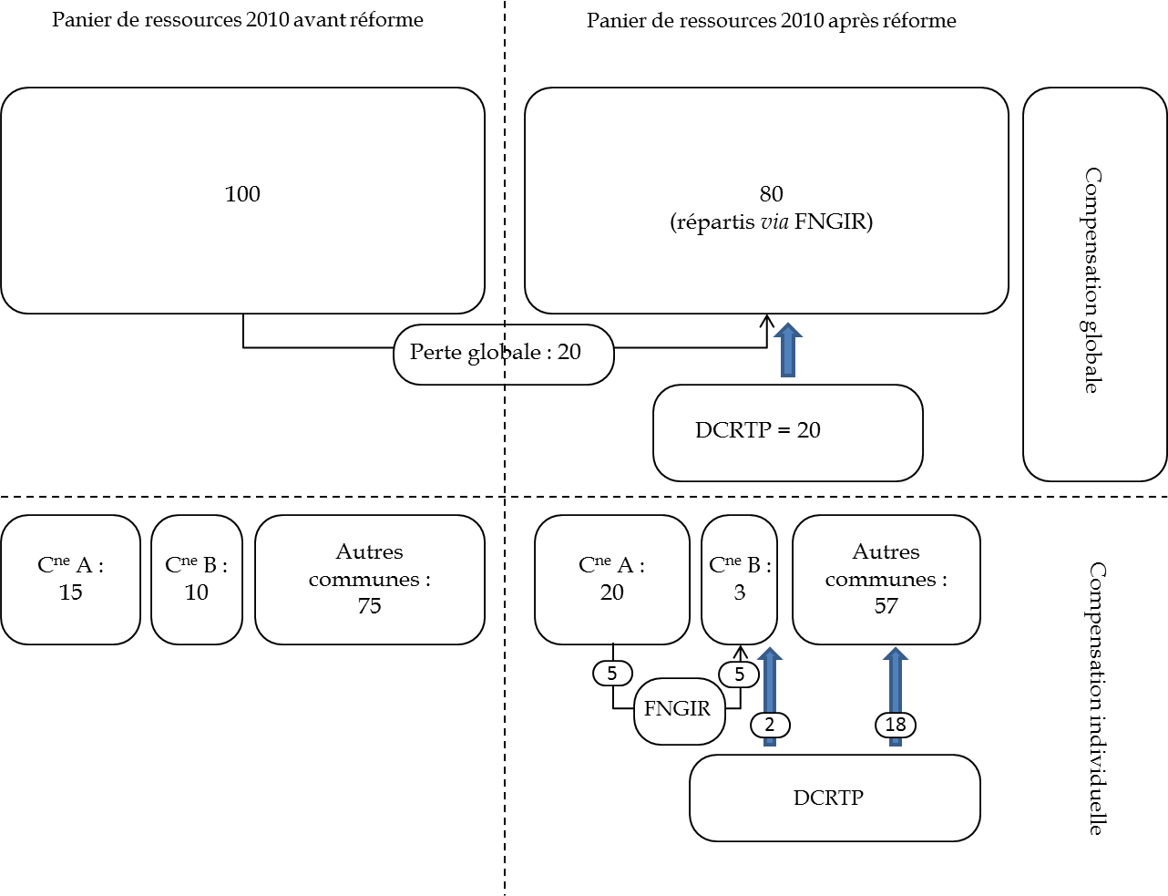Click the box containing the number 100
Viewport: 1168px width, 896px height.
(x=242, y=201)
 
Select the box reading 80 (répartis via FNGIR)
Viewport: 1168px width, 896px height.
(x=766, y=201)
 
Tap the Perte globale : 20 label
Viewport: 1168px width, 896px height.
(x=503, y=354)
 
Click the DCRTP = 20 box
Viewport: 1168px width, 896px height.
(x=787, y=432)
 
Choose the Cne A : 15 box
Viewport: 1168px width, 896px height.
(x=70, y=580)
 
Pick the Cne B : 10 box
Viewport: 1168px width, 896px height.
(x=197, y=580)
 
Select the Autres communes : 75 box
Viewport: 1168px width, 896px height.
(x=369, y=580)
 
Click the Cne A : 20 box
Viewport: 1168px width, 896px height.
(x=611, y=580)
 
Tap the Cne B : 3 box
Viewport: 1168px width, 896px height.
(x=739, y=580)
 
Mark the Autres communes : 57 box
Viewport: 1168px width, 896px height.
(x=886, y=580)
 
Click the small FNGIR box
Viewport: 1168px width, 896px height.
(x=679, y=710)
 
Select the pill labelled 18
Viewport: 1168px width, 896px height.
(x=896, y=725)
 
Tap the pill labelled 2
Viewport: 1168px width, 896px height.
(x=770, y=725)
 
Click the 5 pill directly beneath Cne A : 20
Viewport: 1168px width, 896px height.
(x=612, y=674)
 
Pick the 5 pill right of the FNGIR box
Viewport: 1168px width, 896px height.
(x=739, y=675)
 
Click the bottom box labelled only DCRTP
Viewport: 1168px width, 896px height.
(x=834, y=798)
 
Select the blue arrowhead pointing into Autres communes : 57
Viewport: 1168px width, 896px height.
(x=896, y=658)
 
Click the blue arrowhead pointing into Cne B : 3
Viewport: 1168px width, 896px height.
(x=770, y=658)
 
